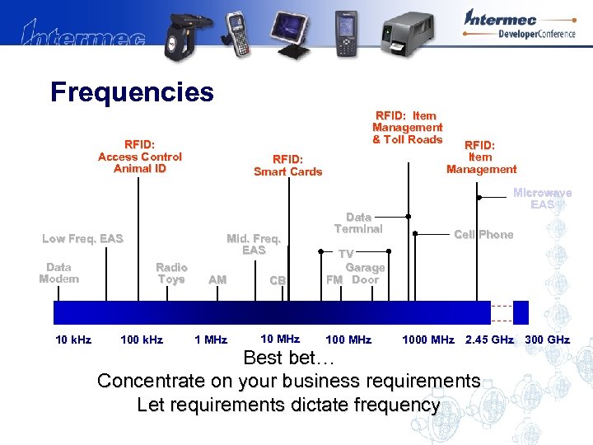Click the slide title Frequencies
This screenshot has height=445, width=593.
click(x=132, y=91)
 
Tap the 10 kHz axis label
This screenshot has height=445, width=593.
click(x=73, y=340)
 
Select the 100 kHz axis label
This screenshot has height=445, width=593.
click(x=142, y=340)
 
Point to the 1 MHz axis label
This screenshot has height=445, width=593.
click(x=211, y=340)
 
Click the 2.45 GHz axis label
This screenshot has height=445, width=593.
click(x=489, y=340)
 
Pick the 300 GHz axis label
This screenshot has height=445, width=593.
click(x=547, y=340)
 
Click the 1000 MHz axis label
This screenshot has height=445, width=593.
click(x=427, y=340)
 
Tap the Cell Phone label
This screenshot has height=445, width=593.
click(x=483, y=235)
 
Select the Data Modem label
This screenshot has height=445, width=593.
click(x=59, y=273)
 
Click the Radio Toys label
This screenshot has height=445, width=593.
click(x=171, y=273)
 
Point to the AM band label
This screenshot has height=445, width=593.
click(x=217, y=280)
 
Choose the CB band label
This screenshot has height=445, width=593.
click(x=278, y=280)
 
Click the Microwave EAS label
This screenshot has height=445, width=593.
click(x=542, y=199)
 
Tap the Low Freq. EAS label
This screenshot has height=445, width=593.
click(x=82, y=239)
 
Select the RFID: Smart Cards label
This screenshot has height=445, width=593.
click(x=287, y=165)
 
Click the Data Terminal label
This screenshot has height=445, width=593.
click(x=358, y=223)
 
